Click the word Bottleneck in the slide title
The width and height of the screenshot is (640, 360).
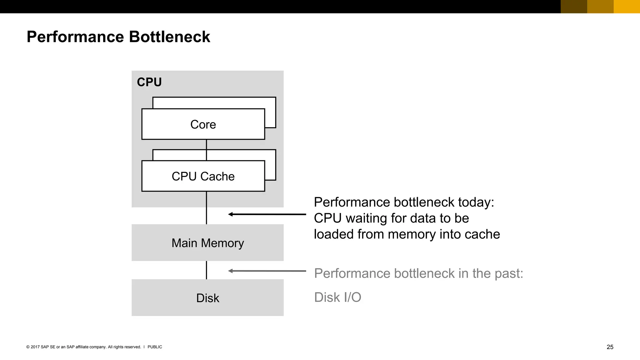click(x=169, y=37)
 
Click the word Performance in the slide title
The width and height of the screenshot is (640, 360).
click(x=75, y=37)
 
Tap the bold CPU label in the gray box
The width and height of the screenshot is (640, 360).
click(x=149, y=82)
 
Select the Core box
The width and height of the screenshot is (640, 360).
click(x=203, y=124)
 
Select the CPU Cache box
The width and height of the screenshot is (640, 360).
click(x=203, y=176)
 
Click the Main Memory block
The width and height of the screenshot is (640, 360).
click(x=207, y=243)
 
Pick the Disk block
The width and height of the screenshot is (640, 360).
click(x=207, y=298)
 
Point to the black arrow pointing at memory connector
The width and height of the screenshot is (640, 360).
click(x=267, y=214)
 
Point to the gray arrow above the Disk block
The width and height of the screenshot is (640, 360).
click(x=267, y=271)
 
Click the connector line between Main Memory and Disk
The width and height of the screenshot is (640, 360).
click(x=207, y=270)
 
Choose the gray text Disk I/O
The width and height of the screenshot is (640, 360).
click(x=337, y=297)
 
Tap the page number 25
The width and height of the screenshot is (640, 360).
click(x=610, y=347)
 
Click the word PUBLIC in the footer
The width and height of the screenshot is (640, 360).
click(x=155, y=347)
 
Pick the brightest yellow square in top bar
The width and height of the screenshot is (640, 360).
click(x=627, y=7)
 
